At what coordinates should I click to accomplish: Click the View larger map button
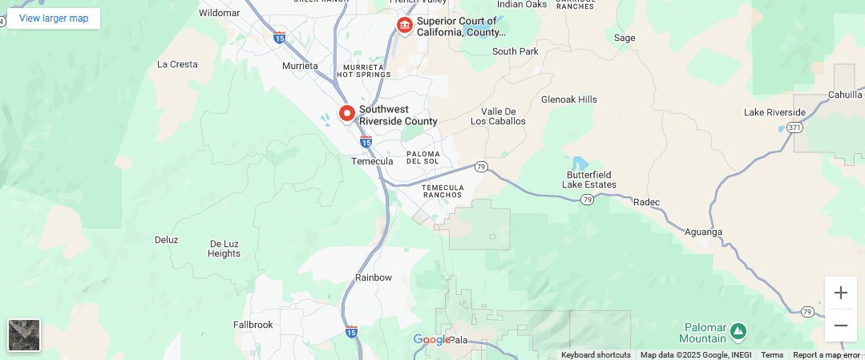54,18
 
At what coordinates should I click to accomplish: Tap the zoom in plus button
840,293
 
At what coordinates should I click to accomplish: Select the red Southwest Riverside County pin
347,114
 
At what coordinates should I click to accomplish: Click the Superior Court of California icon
405,26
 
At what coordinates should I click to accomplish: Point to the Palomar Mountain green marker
738,330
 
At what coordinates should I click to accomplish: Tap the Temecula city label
372,161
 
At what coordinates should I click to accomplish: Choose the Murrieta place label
301,66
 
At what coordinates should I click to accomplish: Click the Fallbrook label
253,325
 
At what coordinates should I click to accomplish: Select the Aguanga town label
704,233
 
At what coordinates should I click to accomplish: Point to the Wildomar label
219,13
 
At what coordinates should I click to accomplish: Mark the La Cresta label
177,64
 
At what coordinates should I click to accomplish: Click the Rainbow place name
374,277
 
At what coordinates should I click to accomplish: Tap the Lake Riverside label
774,111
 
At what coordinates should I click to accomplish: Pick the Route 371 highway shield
794,127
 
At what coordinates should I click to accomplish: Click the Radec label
646,202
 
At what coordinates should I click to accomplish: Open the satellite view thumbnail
24,335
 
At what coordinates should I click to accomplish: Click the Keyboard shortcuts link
596,355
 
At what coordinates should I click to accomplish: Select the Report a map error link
826,355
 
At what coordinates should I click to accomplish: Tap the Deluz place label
166,240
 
